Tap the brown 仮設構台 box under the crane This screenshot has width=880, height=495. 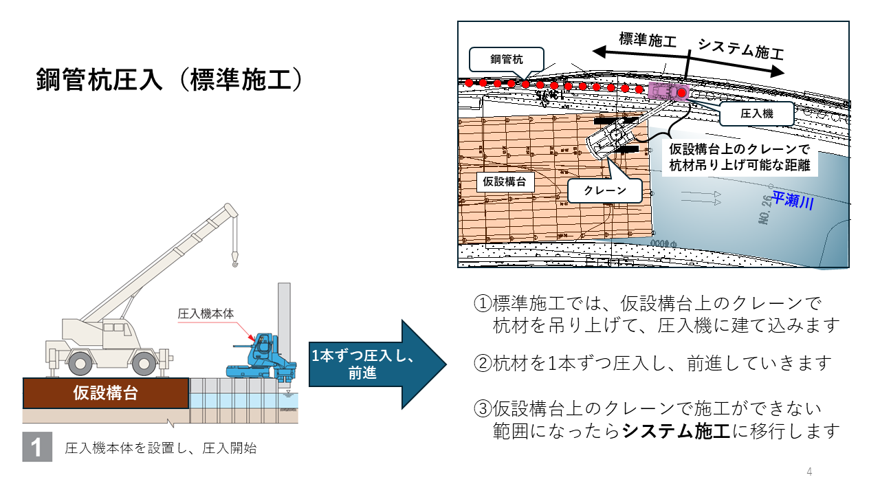click(x=105, y=393)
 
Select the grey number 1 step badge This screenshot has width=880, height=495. click(x=37, y=448)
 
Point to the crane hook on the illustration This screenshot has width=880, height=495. click(x=235, y=259)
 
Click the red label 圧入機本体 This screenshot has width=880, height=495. click(x=206, y=313)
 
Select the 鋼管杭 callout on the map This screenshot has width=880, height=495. click(x=506, y=60)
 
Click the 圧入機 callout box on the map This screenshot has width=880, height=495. click(x=756, y=114)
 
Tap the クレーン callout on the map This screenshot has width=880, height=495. click(x=605, y=190)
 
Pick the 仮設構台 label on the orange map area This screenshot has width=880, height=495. click(x=505, y=181)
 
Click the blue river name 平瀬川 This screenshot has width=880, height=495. click(x=792, y=201)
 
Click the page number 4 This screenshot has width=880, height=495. click(x=809, y=472)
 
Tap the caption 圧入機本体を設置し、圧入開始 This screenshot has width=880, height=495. click(x=160, y=449)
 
